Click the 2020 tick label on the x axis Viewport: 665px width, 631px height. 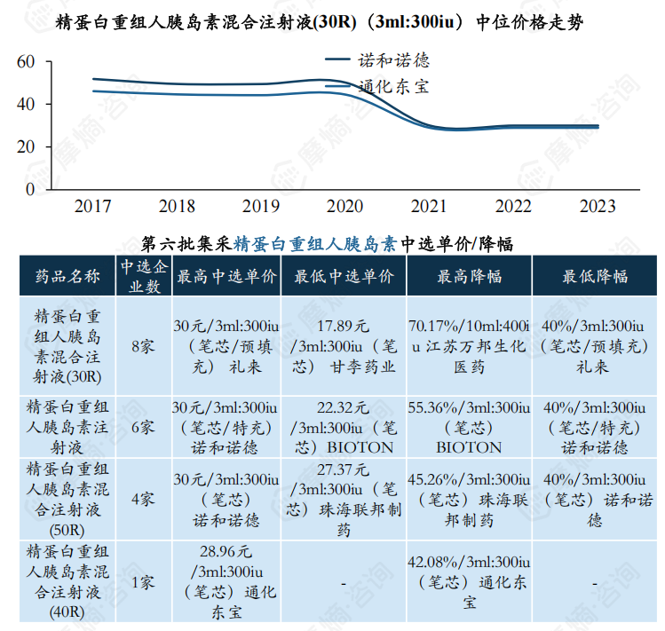(344, 207)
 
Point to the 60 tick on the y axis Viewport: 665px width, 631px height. (25, 61)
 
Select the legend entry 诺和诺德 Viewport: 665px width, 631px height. (393, 60)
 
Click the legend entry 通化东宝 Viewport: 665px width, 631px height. (393, 86)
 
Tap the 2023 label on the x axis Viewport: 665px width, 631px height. (598, 207)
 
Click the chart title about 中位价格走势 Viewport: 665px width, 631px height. (319, 22)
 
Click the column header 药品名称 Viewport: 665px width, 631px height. (68, 275)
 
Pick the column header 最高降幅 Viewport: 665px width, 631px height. (469, 276)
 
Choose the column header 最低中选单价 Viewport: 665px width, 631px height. (344, 276)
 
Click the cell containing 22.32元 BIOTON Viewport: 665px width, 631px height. (344, 427)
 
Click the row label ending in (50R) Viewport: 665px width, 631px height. (68, 499)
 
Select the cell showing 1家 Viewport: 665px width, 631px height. (142, 583)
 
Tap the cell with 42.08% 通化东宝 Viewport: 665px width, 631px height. (469, 582)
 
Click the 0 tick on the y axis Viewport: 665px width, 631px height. (30, 189)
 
